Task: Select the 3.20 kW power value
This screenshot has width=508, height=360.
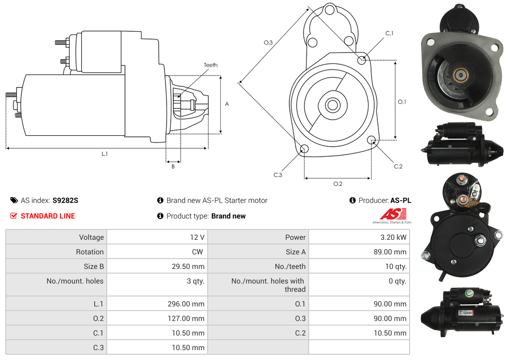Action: pyautogui.click(x=393, y=237)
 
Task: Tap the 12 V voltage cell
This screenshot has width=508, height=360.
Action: pyautogui.click(x=197, y=237)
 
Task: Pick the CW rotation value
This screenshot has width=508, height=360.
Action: pyautogui.click(x=198, y=252)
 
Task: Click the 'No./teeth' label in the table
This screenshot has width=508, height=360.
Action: pyautogui.click(x=290, y=266)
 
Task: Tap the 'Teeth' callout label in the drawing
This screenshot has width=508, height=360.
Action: pyautogui.click(x=210, y=65)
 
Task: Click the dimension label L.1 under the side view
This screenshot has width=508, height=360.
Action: pyautogui.click(x=105, y=153)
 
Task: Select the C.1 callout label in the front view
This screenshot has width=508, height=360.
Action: pyautogui.click(x=389, y=33)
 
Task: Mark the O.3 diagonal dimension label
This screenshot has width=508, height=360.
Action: pyautogui.click(x=268, y=43)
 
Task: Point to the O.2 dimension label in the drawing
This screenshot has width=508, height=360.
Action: pyautogui.click(x=337, y=184)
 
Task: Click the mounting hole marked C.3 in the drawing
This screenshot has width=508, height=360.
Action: pyautogui.click(x=304, y=150)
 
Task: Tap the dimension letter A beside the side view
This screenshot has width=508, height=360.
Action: pyautogui.click(x=227, y=104)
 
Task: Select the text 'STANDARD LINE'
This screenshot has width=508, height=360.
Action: pyautogui.click(x=48, y=216)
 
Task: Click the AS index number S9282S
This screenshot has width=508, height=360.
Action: pyautogui.click(x=65, y=200)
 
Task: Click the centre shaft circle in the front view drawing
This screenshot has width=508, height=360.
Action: pyautogui.click(x=332, y=105)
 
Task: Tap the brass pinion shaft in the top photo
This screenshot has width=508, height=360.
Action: pyautogui.click(x=460, y=75)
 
